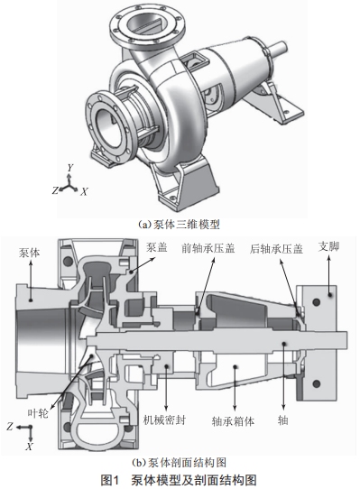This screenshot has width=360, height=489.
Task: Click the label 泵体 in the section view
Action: [x=30, y=253]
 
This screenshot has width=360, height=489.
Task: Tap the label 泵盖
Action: [x=157, y=247]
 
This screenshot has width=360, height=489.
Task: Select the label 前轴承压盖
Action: [x=208, y=248]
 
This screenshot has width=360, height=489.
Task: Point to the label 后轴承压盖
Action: [x=276, y=249]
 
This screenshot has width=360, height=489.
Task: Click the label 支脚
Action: [x=328, y=246]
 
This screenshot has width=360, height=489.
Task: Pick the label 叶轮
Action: [x=38, y=413]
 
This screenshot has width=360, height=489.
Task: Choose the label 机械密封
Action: [x=164, y=420]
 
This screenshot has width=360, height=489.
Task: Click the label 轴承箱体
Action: [x=233, y=421]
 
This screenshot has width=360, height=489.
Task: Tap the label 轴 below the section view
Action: [x=283, y=420]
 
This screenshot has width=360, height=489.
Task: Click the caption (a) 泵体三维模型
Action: [x=179, y=225]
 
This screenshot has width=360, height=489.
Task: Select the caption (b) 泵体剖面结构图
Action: [x=179, y=462]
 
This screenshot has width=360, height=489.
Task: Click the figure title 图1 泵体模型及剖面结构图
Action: [x=179, y=480]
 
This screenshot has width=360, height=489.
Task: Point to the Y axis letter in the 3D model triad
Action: [x=70, y=168]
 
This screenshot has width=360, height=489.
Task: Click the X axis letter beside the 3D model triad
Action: [x=84, y=192]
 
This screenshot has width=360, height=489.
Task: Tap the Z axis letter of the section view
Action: [x=10, y=427]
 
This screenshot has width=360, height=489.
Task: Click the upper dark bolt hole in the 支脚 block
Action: [x=317, y=302]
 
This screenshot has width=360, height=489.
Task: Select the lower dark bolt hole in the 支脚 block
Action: [x=317, y=383]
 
